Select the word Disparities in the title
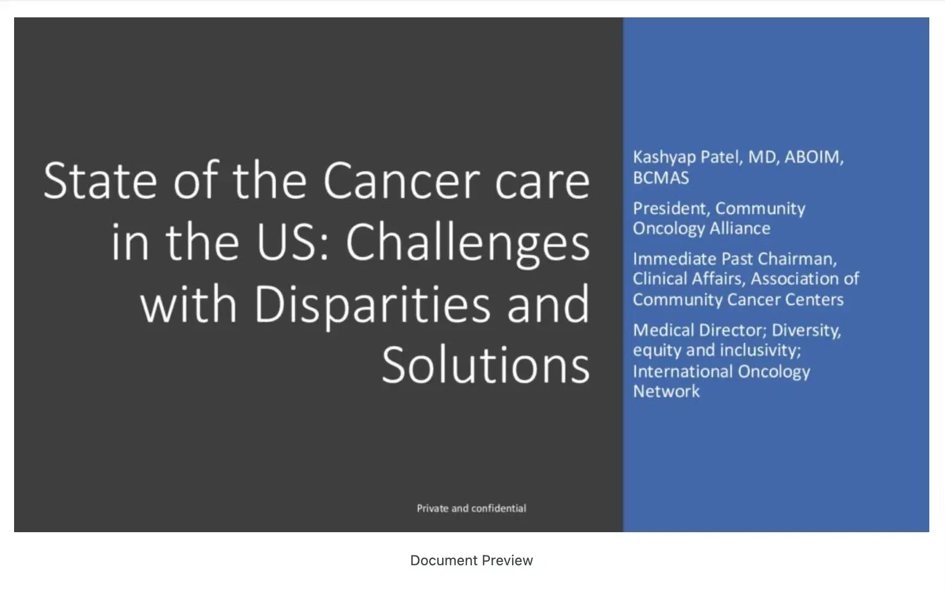point(372,304)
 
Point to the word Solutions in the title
point(486,365)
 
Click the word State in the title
point(100,181)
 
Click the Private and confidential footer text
point(471,508)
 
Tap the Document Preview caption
point(471,560)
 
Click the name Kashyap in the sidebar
point(664,157)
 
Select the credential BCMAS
point(661,178)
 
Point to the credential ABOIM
point(813,157)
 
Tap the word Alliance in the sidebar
point(740,228)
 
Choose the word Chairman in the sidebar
point(805,259)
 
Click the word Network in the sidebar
point(666,391)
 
